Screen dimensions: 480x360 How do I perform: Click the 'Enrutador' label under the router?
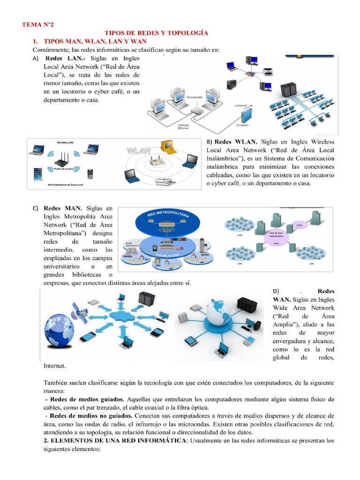click(x=242, y=125)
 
